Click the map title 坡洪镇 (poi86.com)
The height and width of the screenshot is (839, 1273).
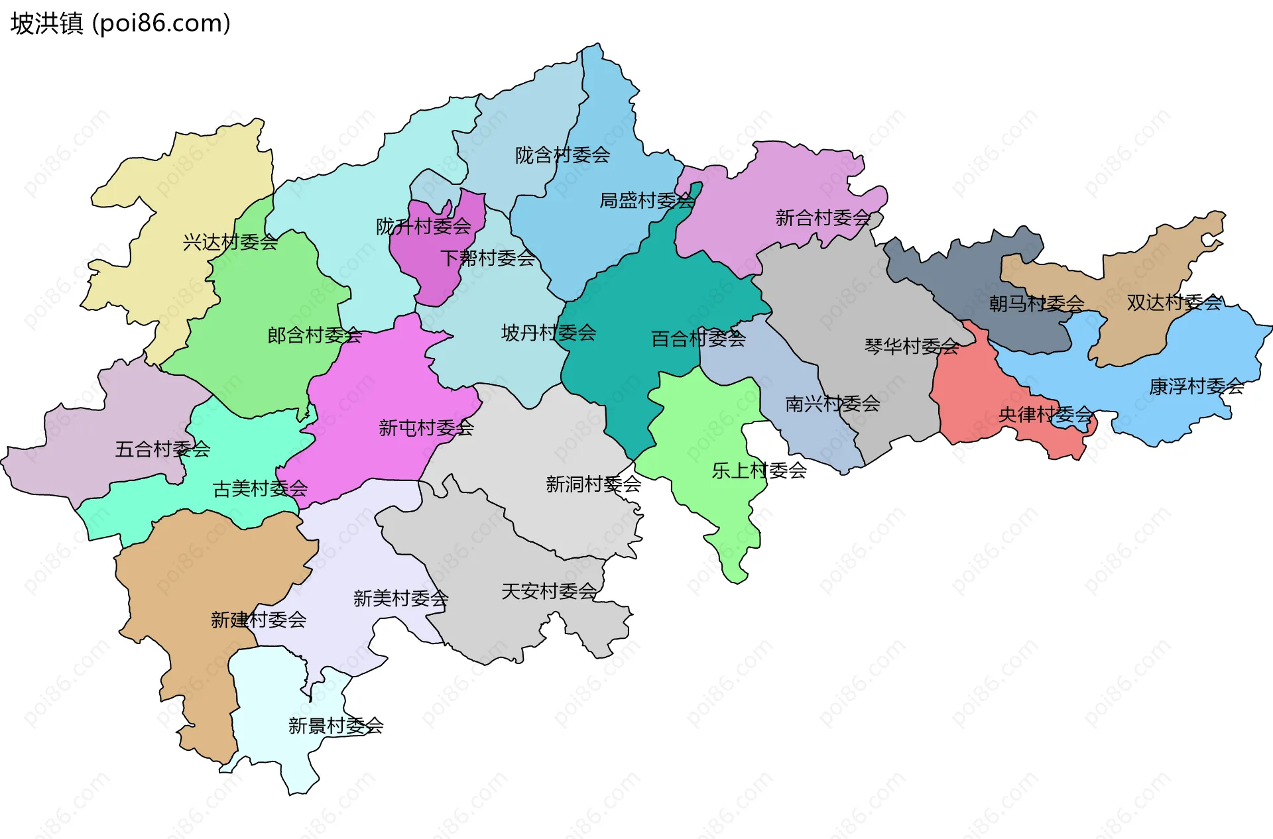click(x=120, y=23)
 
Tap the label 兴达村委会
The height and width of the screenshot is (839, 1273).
click(x=230, y=242)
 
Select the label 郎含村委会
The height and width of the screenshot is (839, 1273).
click(x=314, y=335)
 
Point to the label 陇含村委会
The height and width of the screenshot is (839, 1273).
click(x=562, y=155)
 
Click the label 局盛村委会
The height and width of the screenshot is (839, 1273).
click(x=646, y=200)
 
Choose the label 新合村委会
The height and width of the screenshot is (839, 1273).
click(x=822, y=217)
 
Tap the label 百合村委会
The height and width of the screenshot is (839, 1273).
click(x=698, y=339)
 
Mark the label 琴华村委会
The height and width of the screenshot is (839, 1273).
click(x=912, y=346)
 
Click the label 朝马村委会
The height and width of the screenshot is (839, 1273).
click(x=1036, y=304)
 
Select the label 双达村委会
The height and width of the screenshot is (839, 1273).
click(x=1174, y=303)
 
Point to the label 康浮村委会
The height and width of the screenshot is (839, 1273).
click(x=1196, y=386)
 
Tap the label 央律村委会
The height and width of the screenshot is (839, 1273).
click(x=1046, y=415)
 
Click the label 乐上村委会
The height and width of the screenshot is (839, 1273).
click(x=759, y=471)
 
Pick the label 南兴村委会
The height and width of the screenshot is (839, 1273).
click(x=832, y=404)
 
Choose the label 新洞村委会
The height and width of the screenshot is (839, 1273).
click(x=593, y=484)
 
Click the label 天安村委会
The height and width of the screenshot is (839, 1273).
click(x=549, y=591)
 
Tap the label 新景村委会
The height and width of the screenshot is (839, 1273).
click(x=335, y=726)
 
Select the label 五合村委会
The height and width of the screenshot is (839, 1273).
click(x=162, y=449)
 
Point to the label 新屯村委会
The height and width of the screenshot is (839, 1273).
click(x=426, y=428)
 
